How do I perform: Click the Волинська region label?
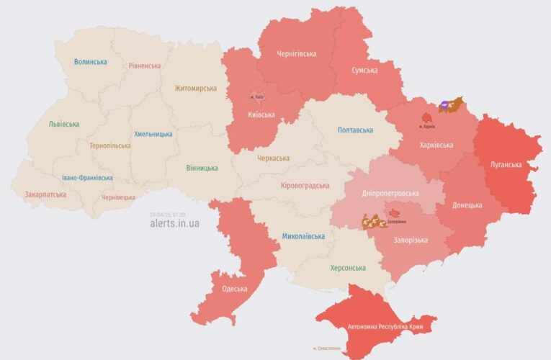(90, 62)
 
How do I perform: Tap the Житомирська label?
(195, 89)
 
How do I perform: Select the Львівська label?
(64, 124)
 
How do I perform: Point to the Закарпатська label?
(45, 194)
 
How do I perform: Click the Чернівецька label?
(118, 197)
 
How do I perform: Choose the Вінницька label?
(202, 168)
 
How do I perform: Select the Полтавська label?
(355, 130)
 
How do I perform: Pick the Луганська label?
(506, 164)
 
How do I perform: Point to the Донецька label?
(467, 205)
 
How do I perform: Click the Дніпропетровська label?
(390, 194)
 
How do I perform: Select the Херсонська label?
(347, 268)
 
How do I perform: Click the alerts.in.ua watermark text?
(174, 224)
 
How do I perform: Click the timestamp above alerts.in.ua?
(167, 215)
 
